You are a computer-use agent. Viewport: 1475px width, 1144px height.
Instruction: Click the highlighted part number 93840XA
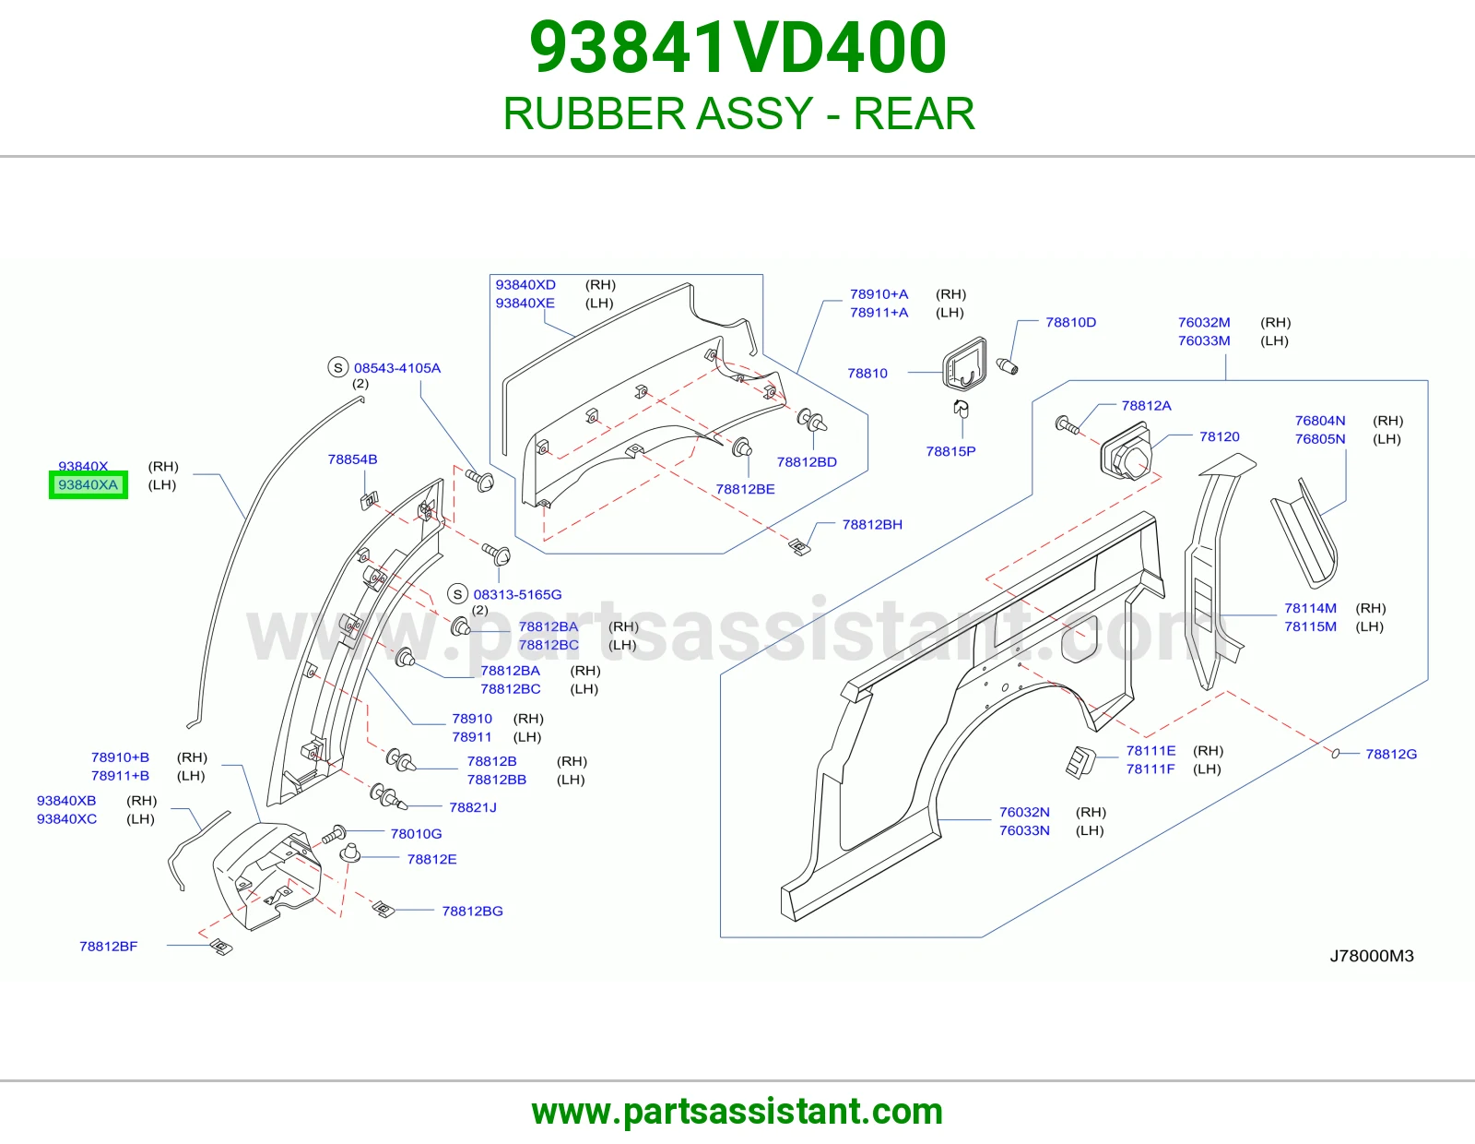(88, 484)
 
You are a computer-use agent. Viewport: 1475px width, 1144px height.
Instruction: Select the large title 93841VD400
(737, 47)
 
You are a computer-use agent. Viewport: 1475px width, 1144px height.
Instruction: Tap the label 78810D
(1070, 322)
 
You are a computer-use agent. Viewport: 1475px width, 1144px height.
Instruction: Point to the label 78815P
(950, 451)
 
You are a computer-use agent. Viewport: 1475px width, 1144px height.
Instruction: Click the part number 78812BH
(872, 524)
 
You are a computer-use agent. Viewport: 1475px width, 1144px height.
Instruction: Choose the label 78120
(1219, 436)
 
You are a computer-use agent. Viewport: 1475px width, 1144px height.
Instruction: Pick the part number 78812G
(1391, 754)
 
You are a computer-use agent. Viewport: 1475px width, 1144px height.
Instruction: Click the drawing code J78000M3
(1371, 956)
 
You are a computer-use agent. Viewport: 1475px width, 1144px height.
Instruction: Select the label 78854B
(352, 459)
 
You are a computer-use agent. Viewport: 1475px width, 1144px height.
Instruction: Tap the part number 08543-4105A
(397, 368)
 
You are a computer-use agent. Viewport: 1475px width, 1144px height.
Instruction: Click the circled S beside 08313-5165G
(457, 594)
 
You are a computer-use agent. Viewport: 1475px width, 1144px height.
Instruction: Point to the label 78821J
(472, 807)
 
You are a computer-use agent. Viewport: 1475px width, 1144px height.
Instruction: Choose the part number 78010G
(416, 833)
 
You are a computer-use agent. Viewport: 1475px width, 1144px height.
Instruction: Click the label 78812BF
(108, 947)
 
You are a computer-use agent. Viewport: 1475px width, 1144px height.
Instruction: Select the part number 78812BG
(472, 911)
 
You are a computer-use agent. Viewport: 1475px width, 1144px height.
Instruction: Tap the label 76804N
(1319, 421)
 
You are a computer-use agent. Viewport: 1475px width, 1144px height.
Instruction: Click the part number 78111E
(1150, 751)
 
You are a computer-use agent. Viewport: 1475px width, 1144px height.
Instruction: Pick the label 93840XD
(525, 285)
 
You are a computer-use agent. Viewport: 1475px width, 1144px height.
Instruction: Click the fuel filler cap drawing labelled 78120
(1127, 451)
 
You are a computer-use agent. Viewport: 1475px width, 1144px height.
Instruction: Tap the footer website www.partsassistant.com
(737, 1112)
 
